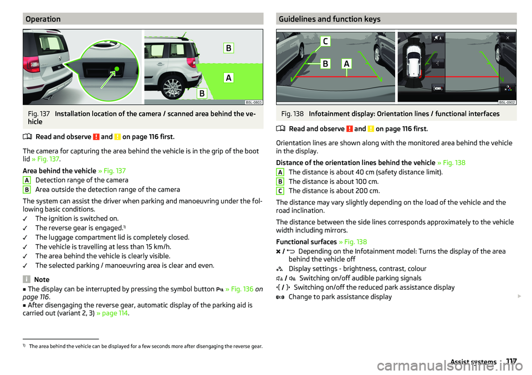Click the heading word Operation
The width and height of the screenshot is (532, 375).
[x=43, y=19]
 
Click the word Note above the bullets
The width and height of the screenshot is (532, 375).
[x=42, y=280]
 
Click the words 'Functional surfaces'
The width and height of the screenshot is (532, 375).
[x=305, y=242]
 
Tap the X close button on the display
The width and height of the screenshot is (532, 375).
[x=507, y=37]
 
